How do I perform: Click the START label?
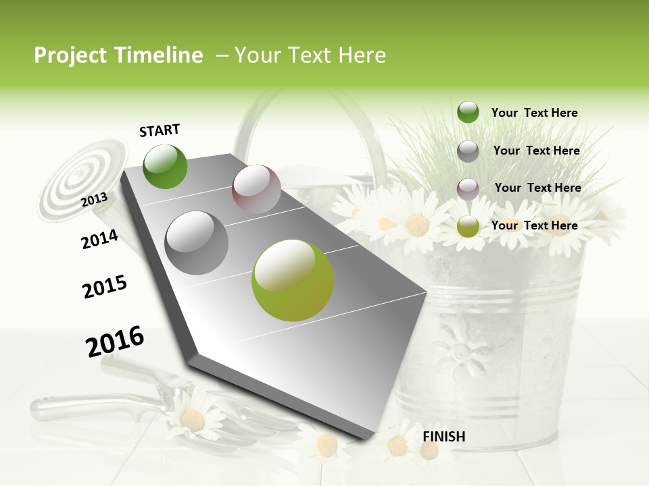pyautogui.click(x=160, y=130)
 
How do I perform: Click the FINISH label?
pyautogui.click(x=443, y=437)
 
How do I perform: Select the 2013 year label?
pyautogui.click(x=95, y=200)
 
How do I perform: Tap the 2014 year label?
pyautogui.click(x=99, y=239)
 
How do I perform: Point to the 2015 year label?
pyautogui.click(x=105, y=287)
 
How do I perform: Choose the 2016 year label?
pyautogui.click(x=115, y=341)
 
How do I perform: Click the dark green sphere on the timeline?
pyautogui.click(x=165, y=167)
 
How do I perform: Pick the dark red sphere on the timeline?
pyautogui.click(x=256, y=189)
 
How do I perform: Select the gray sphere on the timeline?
pyautogui.click(x=197, y=242)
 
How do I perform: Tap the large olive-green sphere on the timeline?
pyautogui.click(x=293, y=279)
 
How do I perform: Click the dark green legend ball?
pyautogui.click(x=468, y=113)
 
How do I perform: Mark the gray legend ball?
pyautogui.click(x=468, y=151)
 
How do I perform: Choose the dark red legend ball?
pyautogui.click(x=468, y=189)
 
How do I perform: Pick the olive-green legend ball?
pyautogui.click(x=468, y=227)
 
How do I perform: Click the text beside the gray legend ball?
pyautogui.click(x=536, y=151)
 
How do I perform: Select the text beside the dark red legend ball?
pyautogui.click(x=537, y=188)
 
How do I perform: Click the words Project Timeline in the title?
pyautogui.click(x=118, y=55)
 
